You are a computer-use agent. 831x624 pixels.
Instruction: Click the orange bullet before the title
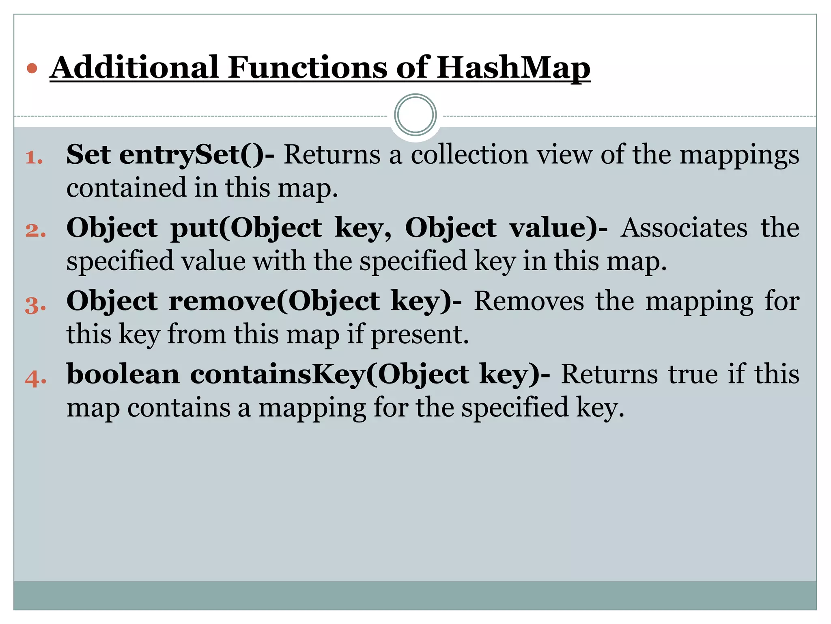(x=32, y=68)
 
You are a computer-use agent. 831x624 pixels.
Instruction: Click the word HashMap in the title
(x=513, y=67)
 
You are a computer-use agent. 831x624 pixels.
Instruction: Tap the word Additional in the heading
(x=134, y=67)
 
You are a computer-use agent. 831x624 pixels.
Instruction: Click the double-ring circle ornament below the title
(x=415, y=115)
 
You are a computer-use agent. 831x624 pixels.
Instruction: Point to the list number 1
(x=34, y=158)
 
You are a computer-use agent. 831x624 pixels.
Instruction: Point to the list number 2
(x=35, y=230)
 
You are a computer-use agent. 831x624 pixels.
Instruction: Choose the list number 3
(x=35, y=305)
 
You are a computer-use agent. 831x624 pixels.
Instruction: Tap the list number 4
(x=36, y=378)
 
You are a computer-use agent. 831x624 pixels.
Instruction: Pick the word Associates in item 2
(x=684, y=228)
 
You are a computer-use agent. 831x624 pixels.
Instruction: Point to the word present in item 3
(x=420, y=336)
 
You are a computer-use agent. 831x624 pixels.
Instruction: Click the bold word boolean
(x=123, y=374)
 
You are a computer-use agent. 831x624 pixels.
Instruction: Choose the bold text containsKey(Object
(x=329, y=375)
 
